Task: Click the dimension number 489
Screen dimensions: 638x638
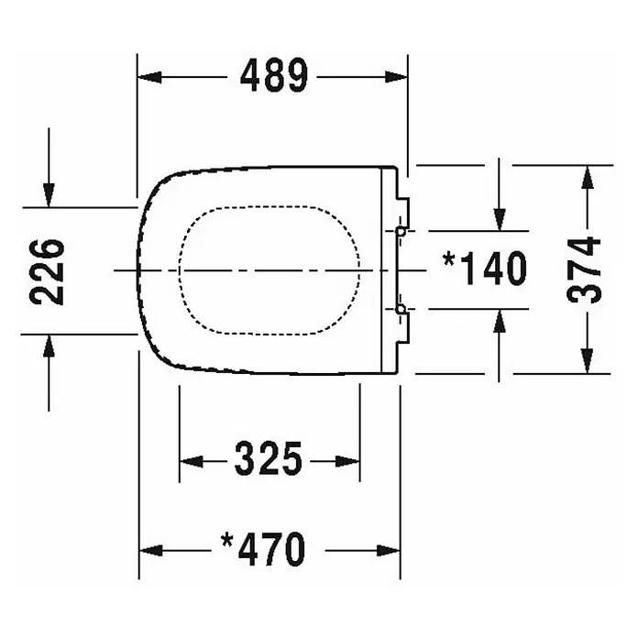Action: point(274,75)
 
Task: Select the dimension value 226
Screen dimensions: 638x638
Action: point(47,272)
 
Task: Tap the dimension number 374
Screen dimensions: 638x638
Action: point(584,269)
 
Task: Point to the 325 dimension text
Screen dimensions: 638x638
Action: point(269,459)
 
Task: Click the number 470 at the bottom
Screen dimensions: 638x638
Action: point(271,549)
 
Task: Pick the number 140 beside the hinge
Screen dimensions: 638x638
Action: point(496,269)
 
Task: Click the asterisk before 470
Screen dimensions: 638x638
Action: point(227,541)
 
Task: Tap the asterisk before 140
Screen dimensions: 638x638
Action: point(449,259)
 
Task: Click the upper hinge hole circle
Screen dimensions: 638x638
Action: point(401,232)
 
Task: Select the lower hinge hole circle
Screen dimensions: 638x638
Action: point(401,310)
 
